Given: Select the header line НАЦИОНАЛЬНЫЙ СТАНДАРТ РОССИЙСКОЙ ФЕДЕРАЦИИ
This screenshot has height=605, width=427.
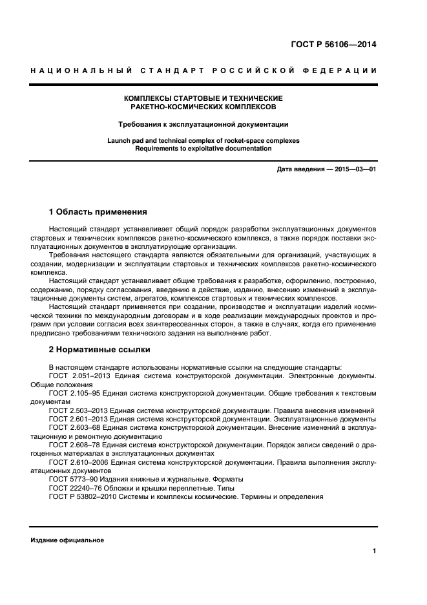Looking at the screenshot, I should click(203, 70).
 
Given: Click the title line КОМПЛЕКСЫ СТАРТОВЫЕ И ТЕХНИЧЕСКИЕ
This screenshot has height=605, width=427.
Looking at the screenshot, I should click(203, 98).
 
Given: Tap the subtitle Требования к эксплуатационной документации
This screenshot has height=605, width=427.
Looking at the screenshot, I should click(203, 123).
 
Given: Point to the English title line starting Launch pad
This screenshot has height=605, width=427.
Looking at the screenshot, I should click(203, 140).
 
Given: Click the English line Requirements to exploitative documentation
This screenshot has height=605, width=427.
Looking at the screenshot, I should click(203, 148).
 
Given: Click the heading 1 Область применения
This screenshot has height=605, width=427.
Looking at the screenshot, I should click(98, 211).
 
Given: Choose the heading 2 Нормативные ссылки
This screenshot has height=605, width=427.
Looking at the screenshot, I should click(99, 350).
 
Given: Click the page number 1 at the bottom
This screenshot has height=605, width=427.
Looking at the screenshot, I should click(374, 551).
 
